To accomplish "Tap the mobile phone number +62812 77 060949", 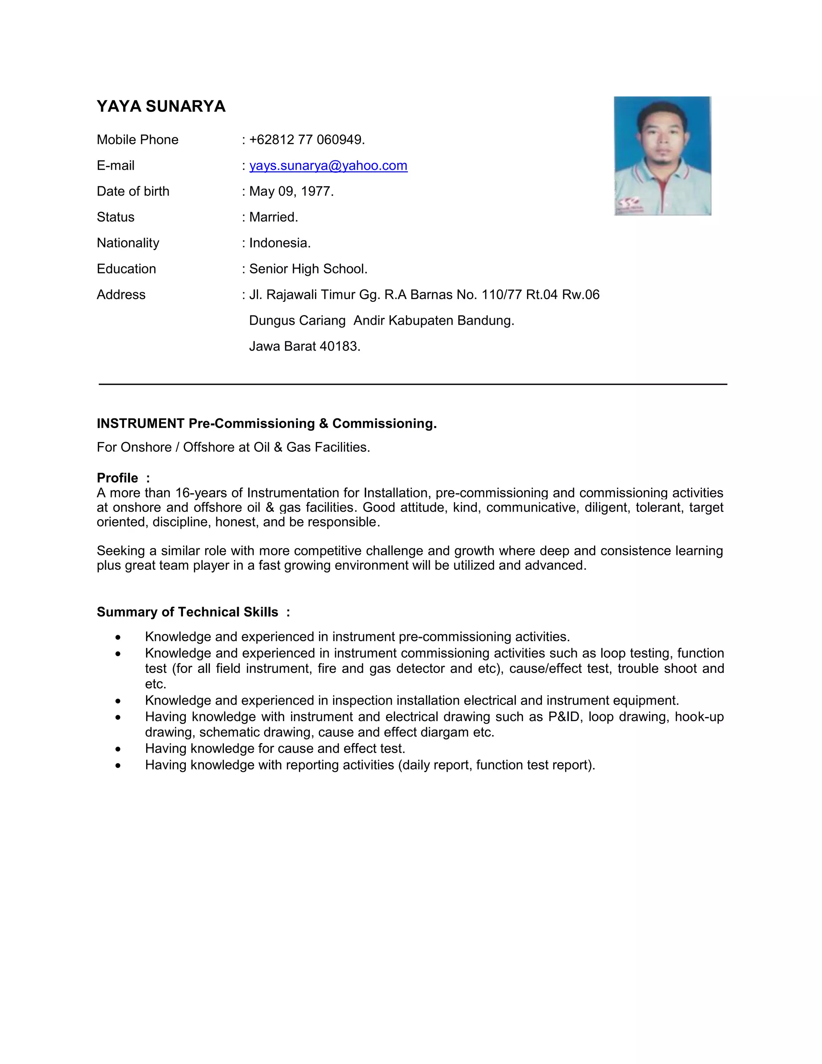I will (x=307, y=140).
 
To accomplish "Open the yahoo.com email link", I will (x=328, y=166).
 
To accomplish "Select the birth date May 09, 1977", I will (x=291, y=192).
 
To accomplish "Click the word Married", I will (x=273, y=217).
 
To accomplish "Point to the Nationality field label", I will (x=128, y=243).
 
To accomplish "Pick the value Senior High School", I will (x=308, y=269).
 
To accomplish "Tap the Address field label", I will (x=121, y=295).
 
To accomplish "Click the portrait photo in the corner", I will (x=662, y=156).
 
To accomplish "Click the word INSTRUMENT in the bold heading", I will (x=140, y=423).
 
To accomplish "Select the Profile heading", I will (x=117, y=478).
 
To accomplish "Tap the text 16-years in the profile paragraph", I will (x=201, y=493).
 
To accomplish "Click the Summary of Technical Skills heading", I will (x=187, y=612).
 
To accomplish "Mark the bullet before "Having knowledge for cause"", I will (x=118, y=749).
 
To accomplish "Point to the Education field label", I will (x=126, y=269).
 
